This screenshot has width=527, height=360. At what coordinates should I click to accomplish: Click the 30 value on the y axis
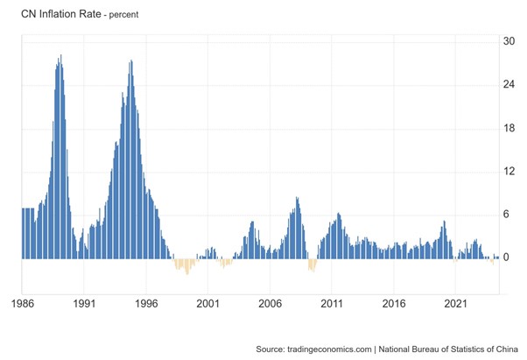[x=509, y=41]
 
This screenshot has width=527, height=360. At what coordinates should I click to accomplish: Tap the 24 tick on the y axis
[x=509, y=85]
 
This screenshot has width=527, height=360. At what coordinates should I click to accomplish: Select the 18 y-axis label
[x=509, y=128]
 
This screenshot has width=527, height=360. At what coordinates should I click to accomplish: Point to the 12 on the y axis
[x=509, y=172]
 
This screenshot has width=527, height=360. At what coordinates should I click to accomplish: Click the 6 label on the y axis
[x=506, y=215]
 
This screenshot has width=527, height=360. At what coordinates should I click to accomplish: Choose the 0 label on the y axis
[x=506, y=258]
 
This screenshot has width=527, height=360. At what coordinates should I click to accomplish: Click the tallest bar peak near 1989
[x=60, y=57]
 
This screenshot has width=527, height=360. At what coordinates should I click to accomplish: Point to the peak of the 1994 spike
[x=131, y=61]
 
